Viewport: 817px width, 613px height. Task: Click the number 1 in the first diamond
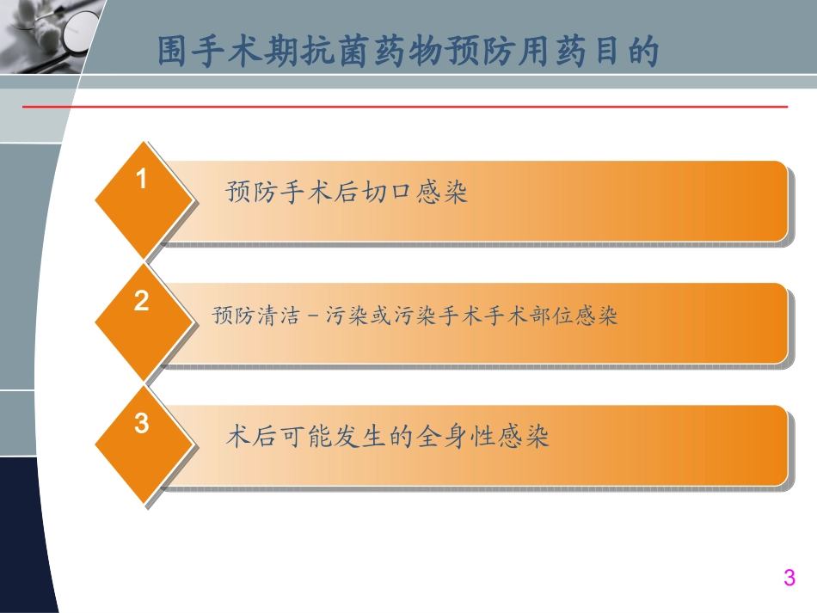tap(143, 180)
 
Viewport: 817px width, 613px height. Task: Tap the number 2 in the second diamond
tap(143, 302)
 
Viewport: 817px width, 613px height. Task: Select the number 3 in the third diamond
tap(143, 424)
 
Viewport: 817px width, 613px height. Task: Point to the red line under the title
tap(404, 107)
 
